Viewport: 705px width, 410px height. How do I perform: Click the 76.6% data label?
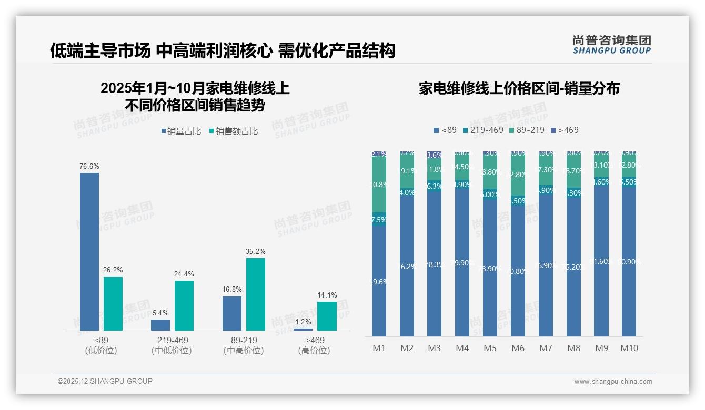(89, 166)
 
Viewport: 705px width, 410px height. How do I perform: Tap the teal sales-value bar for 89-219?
(256, 294)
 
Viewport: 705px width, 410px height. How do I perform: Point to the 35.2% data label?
(256, 251)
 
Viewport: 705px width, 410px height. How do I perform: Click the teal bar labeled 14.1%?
(327, 316)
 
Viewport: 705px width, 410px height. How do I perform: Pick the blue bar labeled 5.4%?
(160, 325)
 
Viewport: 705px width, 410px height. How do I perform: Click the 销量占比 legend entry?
(181, 131)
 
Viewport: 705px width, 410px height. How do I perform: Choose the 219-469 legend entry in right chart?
(483, 130)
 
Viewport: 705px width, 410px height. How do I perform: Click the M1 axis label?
(379, 348)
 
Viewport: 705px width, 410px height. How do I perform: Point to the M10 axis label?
(629, 348)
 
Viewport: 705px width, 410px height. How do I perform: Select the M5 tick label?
(490, 348)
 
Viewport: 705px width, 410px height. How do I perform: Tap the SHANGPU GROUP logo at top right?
(611, 45)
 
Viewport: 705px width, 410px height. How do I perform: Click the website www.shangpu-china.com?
(613, 382)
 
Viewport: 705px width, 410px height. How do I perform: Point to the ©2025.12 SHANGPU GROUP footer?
(105, 381)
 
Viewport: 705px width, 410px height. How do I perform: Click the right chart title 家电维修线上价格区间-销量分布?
(519, 88)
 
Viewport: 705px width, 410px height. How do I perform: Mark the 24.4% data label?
(184, 274)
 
